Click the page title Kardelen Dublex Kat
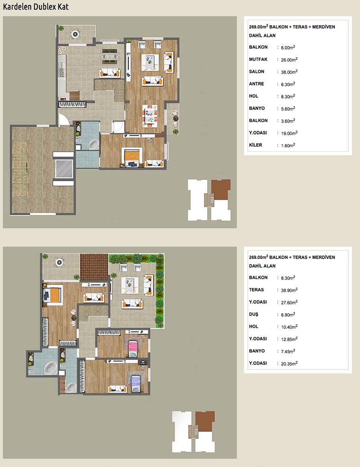pyautogui.click(x=36, y=7)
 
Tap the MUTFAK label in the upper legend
pyautogui.click(x=258, y=59)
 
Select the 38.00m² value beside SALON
pyautogui.click(x=289, y=72)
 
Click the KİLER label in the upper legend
pyautogui.click(x=256, y=145)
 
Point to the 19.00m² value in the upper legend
pyautogui.click(x=289, y=133)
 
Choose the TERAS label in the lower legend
pyautogui.click(x=256, y=289)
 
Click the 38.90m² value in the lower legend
pyautogui.click(x=289, y=290)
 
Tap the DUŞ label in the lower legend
pyautogui.click(x=254, y=314)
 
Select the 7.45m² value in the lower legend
pyautogui.click(x=288, y=351)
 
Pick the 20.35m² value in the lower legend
pyautogui.click(x=289, y=364)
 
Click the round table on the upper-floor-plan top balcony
pyautogui.click(x=75, y=34)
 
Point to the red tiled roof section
pyautogui.click(x=94, y=266)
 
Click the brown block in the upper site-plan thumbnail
pyautogui.click(x=221, y=190)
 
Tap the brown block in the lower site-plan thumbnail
pyautogui.click(x=205, y=422)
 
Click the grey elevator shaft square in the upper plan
pyautogui.click(x=64, y=169)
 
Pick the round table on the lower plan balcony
pyautogui.click(x=59, y=262)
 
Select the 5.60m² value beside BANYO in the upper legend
pyautogui.click(x=288, y=108)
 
